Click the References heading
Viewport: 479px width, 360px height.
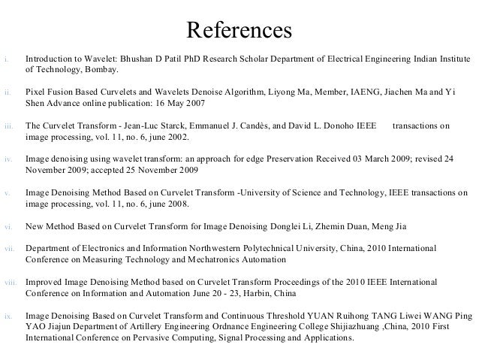click(x=239, y=29)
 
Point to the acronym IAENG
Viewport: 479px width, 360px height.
click(x=366, y=92)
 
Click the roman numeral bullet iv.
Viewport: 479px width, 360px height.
click(x=7, y=159)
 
